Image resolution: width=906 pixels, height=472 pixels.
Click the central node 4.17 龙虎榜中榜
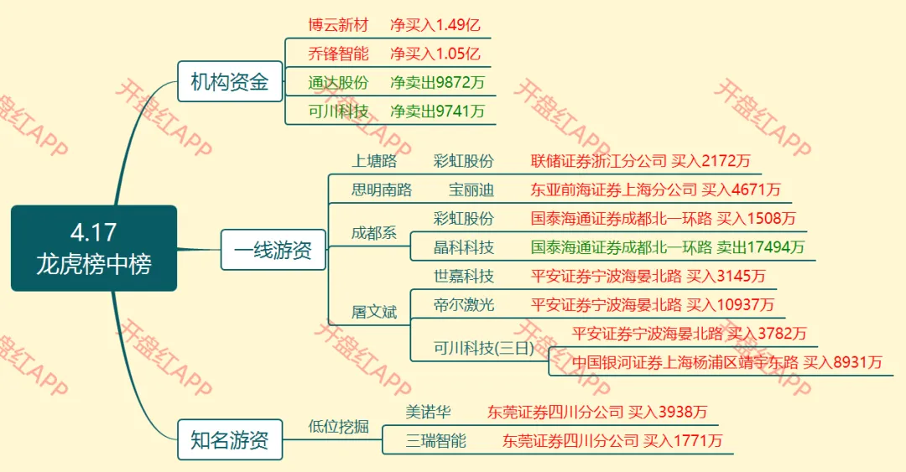point(94,248)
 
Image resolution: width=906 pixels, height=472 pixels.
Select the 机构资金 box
point(229,82)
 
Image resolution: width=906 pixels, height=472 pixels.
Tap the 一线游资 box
point(273,250)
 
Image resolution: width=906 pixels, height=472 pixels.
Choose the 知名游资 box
point(229,440)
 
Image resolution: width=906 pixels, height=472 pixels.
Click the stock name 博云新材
point(338,25)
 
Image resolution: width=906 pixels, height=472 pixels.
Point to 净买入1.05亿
point(435,54)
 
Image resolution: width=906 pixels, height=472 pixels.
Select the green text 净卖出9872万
point(437,82)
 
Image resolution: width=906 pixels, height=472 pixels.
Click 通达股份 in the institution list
point(338,82)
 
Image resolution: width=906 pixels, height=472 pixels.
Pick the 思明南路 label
point(382,189)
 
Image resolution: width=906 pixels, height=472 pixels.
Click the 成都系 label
point(373,233)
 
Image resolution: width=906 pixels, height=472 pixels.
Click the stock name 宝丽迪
point(471,189)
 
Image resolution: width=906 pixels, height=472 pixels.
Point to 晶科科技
point(464,247)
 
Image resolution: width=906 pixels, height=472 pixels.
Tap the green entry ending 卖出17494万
point(668,247)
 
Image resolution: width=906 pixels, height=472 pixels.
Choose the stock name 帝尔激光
point(464,305)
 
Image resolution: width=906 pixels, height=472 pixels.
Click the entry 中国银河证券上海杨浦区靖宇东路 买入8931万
point(726,362)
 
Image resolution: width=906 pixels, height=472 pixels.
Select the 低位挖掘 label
point(338,426)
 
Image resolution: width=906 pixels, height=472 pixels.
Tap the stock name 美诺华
point(429,412)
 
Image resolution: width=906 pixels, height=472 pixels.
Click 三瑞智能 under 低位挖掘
point(436,440)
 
